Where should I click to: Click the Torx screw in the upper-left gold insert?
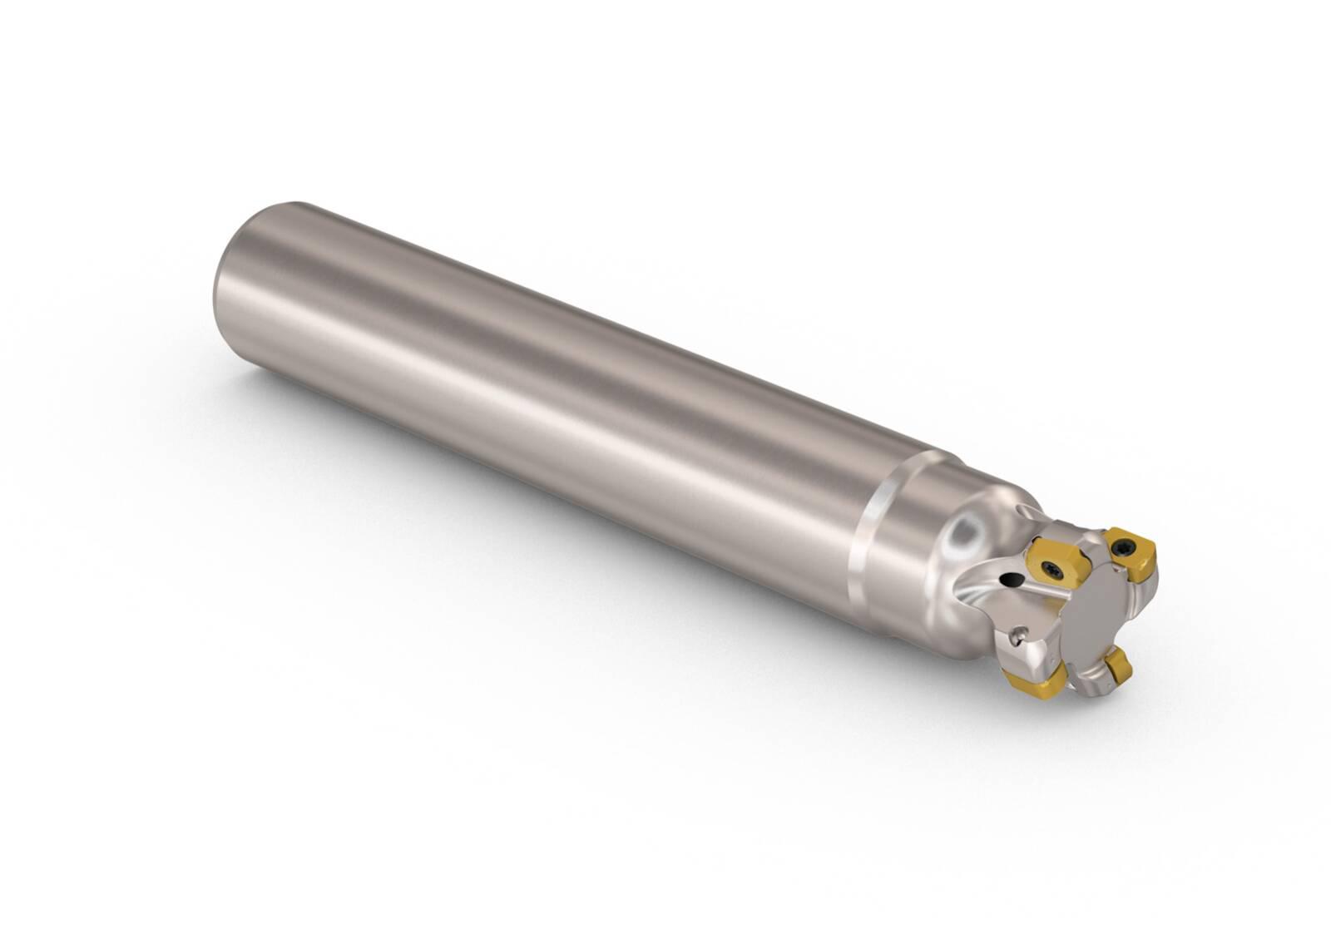[1052, 571]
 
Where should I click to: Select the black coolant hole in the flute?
[1012, 579]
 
